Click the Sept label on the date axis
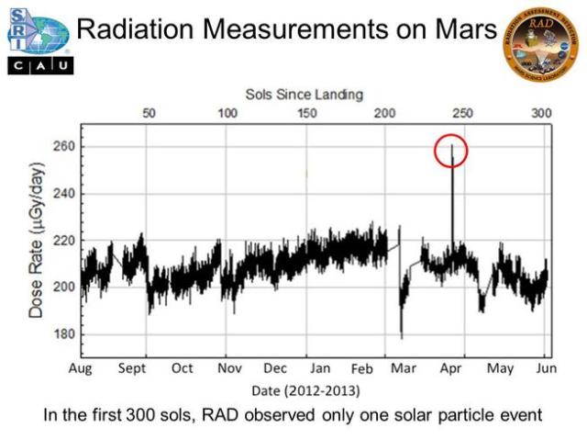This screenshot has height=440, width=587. (x=132, y=368)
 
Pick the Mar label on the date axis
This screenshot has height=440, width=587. (x=403, y=368)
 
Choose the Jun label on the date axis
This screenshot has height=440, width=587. (x=545, y=368)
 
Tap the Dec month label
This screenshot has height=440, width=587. (x=275, y=368)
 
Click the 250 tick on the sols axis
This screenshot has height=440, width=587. (x=464, y=113)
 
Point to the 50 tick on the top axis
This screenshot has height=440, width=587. (x=149, y=113)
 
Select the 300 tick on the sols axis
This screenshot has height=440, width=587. (x=542, y=113)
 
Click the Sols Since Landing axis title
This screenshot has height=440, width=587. (x=305, y=94)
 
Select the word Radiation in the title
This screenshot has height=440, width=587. (x=140, y=29)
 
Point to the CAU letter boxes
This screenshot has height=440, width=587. (x=38, y=66)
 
